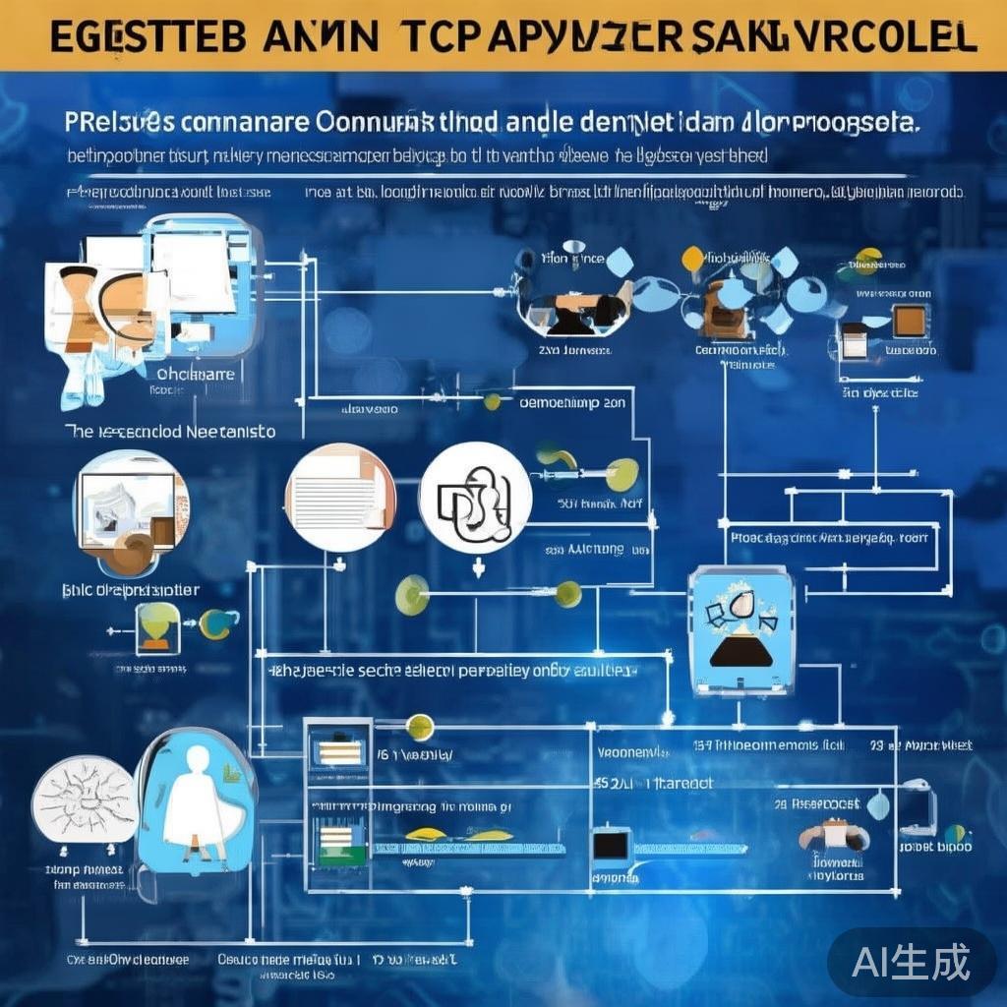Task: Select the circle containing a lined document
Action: pyautogui.click(x=339, y=498)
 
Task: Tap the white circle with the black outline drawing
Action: pyautogui.click(x=475, y=497)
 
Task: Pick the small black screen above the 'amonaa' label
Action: pyautogui.click(x=611, y=845)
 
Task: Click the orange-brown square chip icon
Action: pyautogui.click(x=908, y=322)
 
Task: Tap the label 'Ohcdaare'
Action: pyautogui.click(x=197, y=374)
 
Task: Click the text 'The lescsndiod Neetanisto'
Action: pyautogui.click(x=169, y=431)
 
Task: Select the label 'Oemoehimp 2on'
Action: pyautogui.click(x=571, y=401)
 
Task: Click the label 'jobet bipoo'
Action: pyautogui.click(x=934, y=846)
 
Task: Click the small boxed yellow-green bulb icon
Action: pyautogui.click(x=156, y=627)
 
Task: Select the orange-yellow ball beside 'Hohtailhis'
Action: pyautogui.click(x=693, y=259)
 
